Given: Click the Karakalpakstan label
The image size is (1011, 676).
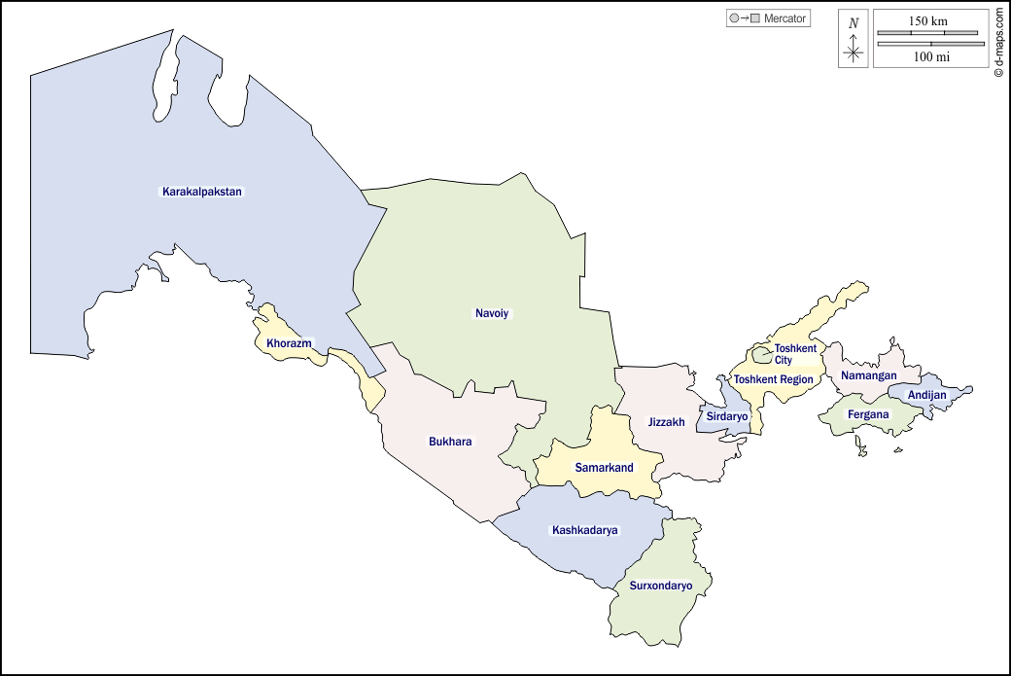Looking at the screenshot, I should click(x=202, y=192).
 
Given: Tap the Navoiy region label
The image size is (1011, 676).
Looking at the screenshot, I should click(x=492, y=313).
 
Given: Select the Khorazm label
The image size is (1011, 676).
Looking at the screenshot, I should click(x=289, y=342).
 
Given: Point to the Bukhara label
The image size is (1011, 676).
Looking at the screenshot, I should click(x=450, y=442).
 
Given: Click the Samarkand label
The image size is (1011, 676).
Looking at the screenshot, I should click(x=604, y=468).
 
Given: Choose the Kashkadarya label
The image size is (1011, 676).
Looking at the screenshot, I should click(x=585, y=530).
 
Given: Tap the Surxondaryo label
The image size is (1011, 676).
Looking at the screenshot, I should click(x=661, y=586).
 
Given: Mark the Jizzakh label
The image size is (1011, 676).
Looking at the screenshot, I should click(x=667, y=422).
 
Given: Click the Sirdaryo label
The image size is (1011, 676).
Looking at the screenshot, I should click(x=727, y=416).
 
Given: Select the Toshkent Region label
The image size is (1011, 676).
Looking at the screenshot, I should click(x=774, y=379).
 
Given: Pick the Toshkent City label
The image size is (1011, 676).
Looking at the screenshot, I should click(x=795, y=354).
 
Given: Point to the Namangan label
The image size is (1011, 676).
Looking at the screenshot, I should click(x=869, y=375).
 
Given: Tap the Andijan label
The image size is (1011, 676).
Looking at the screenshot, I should click(x=926, y=395).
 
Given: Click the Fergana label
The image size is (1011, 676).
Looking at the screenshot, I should click(x=868, y=414).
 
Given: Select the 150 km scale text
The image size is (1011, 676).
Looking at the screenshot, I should click(x=928, y=21).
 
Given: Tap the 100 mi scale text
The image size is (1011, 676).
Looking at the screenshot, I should click(x=931, y=56).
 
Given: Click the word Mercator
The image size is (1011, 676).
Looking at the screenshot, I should click(x=785, y=18).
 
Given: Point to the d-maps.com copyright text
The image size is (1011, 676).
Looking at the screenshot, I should click(x=998, y=43).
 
